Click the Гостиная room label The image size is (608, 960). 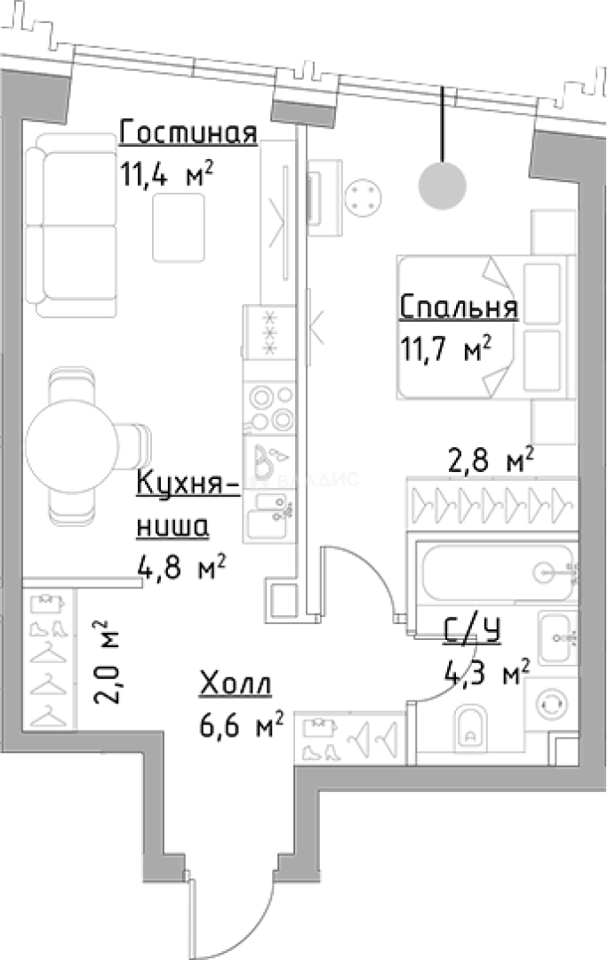[x=188, y=132]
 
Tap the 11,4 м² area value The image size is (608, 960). [x=167, y=174]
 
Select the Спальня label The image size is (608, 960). [x=459, y=308]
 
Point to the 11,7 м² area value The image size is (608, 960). [x=445, y=348]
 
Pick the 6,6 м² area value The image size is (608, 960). [x=242, y=725]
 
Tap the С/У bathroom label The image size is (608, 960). [x=473, y=631]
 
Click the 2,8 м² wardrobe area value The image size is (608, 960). [x=491, y=460]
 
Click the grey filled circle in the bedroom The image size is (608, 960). [x=442, y=185]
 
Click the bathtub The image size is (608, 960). [x=496, y=572]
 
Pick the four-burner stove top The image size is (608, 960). [x=270, y=408]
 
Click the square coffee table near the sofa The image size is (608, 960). [x=179, y=228]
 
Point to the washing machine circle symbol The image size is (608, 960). [x=552, y=703]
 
